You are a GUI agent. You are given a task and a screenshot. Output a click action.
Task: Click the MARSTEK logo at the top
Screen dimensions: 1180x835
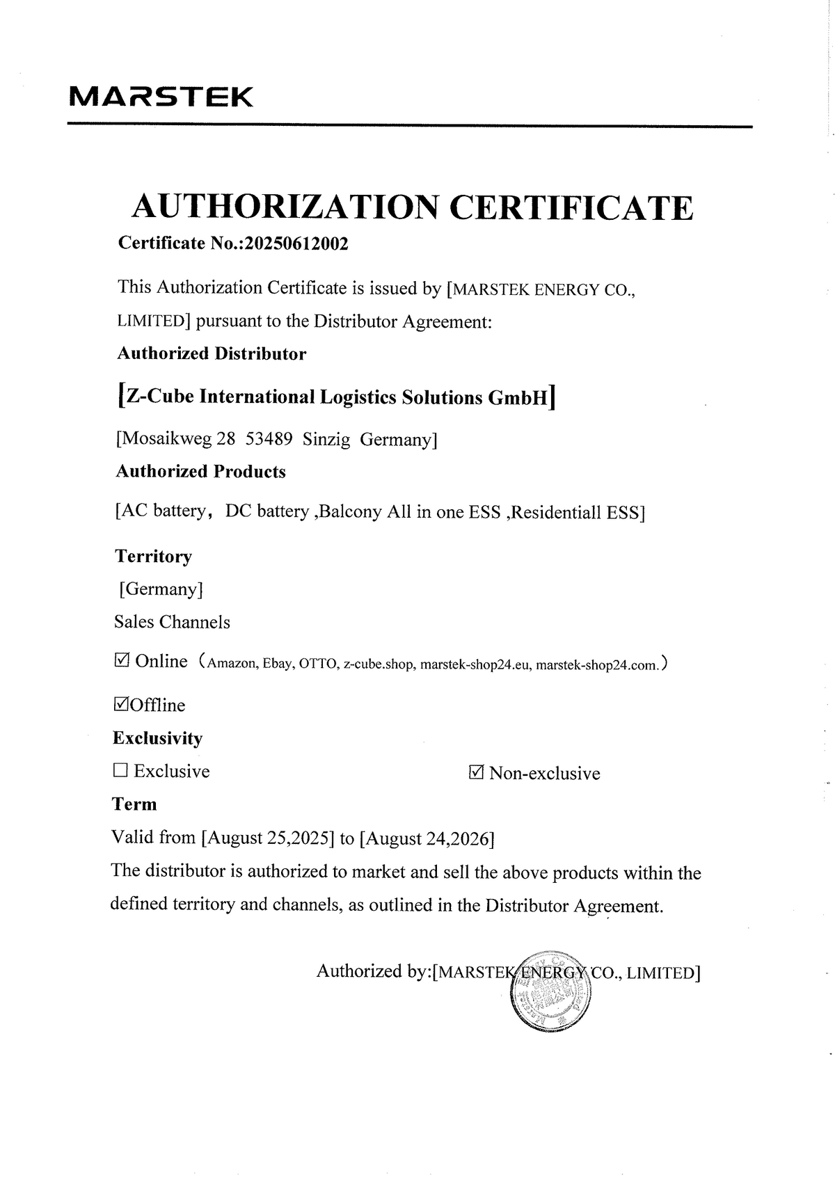(161, 97)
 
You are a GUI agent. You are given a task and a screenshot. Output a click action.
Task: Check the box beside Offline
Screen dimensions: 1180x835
(121, 704)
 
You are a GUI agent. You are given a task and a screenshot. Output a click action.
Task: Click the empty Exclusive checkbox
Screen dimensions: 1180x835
(120, 770)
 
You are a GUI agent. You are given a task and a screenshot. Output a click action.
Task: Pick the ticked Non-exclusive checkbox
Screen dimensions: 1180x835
(477, 772)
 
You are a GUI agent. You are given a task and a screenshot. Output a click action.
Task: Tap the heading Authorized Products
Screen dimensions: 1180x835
(200, 472)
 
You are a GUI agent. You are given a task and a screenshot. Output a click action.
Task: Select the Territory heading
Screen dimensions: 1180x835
(153, 556)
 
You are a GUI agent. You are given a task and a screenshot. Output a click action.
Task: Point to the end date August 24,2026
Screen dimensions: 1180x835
(426, 838)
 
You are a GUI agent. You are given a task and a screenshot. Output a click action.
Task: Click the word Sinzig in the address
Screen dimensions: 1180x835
(326, 440)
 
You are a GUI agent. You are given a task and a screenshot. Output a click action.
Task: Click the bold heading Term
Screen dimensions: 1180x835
(135, 804)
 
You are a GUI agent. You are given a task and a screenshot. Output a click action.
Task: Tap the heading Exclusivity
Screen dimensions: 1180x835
(158, 737)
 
